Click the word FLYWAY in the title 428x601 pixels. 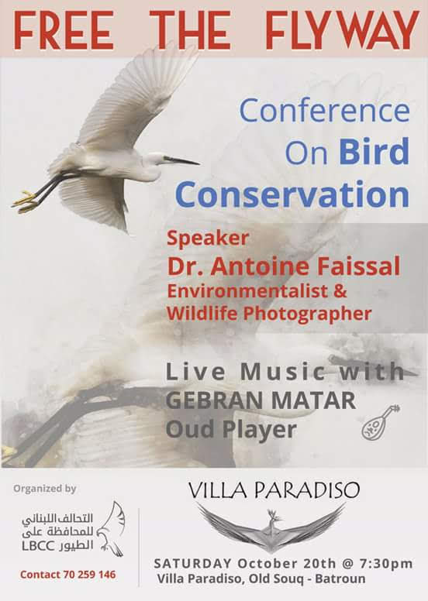(x=341, y=30)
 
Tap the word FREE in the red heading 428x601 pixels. (x=64, y=30)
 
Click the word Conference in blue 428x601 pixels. (x=325, y=111)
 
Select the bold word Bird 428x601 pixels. (x=374, y=150)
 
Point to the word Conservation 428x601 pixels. (x=292, y=194)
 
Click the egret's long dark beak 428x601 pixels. (x=181, y=160)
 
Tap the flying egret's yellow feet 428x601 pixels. (x=26, y=202)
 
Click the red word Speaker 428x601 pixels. (x=208, y=239)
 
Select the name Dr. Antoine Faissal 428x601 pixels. (x=284, y=266)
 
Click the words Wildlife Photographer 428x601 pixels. (x=269, y=314)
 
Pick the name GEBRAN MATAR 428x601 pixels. (x=261, y=400)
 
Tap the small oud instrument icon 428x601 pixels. (x=381, y=421)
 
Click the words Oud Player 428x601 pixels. (x=231, y=430)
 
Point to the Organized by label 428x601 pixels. (x=44, y=489)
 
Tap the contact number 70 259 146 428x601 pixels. (x=96, y=575)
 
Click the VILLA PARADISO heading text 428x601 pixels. (x=274, y=489)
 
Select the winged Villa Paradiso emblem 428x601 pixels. (x=271, y=527)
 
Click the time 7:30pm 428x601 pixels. (x=386, y=564)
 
